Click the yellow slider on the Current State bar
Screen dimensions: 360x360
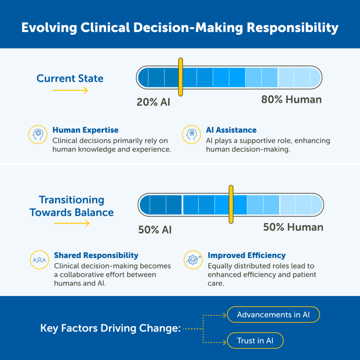point(180,77)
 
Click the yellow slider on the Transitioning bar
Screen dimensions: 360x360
point(231,204)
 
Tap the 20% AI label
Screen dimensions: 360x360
point(153,102)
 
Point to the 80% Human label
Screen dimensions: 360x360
point(291,99)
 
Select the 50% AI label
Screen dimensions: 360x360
point(155,230)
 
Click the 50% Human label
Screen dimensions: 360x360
point(293,227)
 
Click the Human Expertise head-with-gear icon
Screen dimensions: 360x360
point(38,135)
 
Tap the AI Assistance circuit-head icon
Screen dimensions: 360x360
point(192,135)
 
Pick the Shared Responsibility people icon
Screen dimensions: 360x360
point(39,260)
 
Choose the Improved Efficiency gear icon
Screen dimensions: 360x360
point(193,260)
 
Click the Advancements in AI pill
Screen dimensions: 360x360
point(273,315)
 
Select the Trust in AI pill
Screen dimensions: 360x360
point(255,340)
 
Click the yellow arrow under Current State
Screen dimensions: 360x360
point(70,90)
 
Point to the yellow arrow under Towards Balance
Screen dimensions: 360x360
point(72,223)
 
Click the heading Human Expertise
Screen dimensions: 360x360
point(85,130)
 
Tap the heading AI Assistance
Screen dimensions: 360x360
point(231,130)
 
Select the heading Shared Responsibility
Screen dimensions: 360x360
point(96,255)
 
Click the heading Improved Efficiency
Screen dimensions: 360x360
point(246,255)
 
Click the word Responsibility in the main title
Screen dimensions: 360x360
point(292,28)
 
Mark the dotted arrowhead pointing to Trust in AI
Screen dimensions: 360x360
point(225,342)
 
